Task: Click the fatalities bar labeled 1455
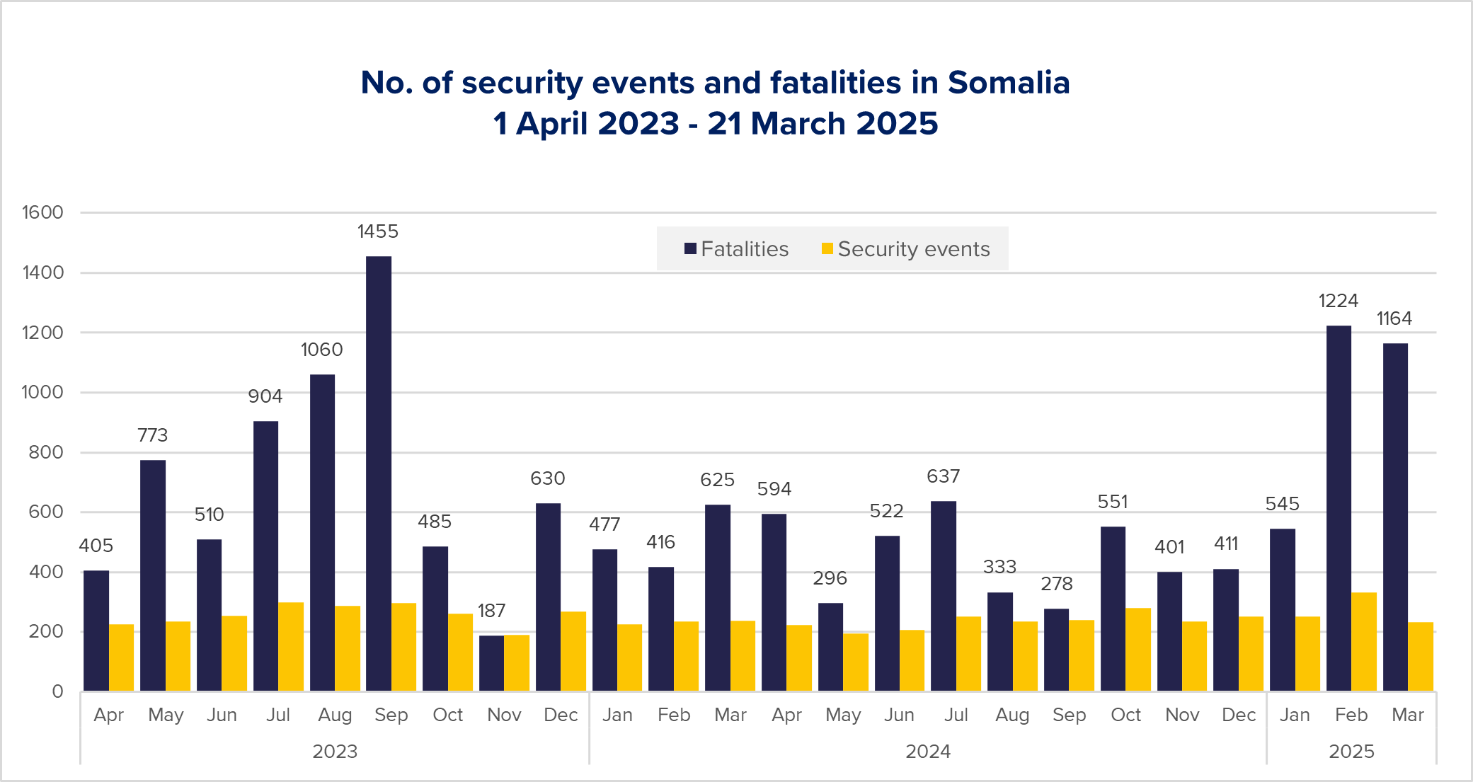click(x=379, y=473)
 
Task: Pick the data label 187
click(x=491, y=611)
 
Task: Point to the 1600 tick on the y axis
click(x=42, y=212)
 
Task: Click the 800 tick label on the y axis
click(x=45, y=452)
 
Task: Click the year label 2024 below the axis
click(x=927, y=752)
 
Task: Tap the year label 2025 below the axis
click(x=1351, y=752)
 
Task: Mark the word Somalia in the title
click(x=1009, y=83)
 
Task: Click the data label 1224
click(x=1338, y=301)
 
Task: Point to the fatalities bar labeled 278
click(x=1056, y=650)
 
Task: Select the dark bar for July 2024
click(x=944, y=596)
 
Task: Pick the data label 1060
click(x=321, y=350)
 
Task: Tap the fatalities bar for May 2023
click(x=153, y=575)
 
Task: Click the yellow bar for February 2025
click(x=1364, y=642)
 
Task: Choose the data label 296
click(x=830, y=578)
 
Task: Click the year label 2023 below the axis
click(x=335, y=752)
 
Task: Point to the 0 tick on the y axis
click(x=57, y=691)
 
